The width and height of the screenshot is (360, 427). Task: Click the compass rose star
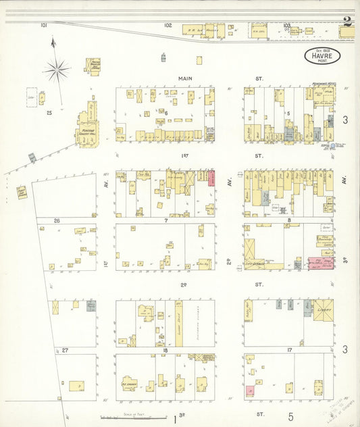tap(57, 68)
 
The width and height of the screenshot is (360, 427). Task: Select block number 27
tap(65, 351)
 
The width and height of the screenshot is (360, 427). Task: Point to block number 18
tap(165, 351)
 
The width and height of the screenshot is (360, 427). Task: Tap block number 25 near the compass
tap(49, 114)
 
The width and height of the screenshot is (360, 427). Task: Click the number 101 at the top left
tap(44, 25)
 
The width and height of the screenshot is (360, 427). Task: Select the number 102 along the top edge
tap(168, 25)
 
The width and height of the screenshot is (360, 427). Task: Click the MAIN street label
tap(185, 78)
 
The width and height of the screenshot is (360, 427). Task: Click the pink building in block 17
tap(251, 391)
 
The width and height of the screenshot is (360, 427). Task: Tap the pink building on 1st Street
tap(211, 178)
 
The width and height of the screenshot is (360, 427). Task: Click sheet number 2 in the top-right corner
tap(346, 20)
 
